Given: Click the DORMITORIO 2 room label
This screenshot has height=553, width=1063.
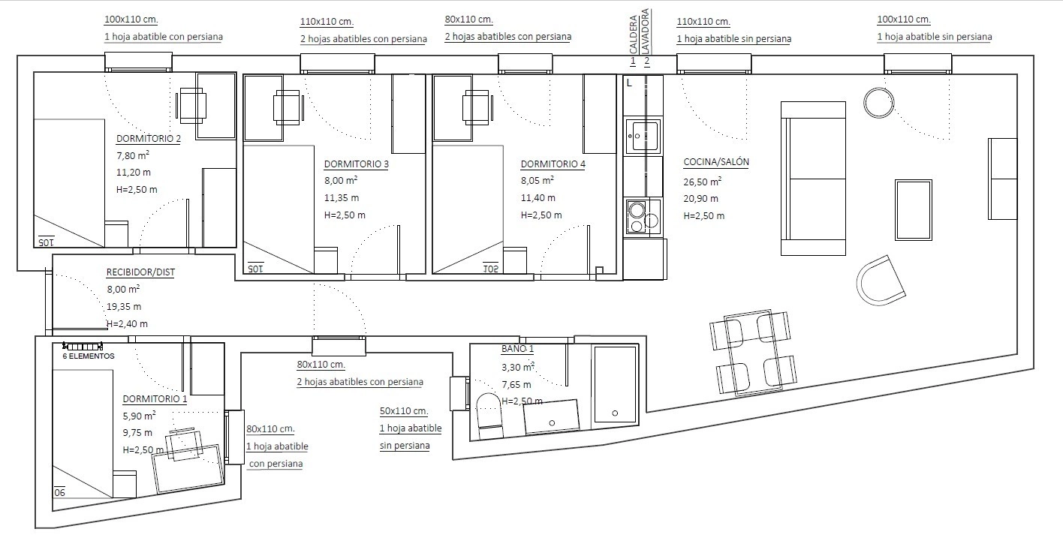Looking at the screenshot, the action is coord(149,139).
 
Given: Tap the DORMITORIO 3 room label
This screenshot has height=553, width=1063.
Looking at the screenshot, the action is coord(357,164).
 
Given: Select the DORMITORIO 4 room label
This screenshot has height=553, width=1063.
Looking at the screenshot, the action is coord(553,164).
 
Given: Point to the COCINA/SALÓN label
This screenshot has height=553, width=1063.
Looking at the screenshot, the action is coord(716,162).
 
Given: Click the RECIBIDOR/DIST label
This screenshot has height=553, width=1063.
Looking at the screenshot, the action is coord(140,272).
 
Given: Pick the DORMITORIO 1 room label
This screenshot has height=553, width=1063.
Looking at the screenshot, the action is coord(155,399).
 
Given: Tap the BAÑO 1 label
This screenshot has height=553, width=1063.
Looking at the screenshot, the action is coord(517,349).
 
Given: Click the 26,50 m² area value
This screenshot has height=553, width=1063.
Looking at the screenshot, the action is coord(703,182).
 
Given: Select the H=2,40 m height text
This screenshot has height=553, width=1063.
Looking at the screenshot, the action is coord(127,324).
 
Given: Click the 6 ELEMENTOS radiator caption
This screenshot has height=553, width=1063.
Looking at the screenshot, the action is coord(89,356).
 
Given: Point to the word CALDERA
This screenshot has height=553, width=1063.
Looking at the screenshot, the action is coord(633,35).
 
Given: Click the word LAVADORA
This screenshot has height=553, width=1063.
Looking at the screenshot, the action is coord(645,31).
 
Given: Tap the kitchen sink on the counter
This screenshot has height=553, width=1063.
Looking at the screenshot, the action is coord(643,136).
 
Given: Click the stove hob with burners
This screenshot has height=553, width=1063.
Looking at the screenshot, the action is coord(643,217).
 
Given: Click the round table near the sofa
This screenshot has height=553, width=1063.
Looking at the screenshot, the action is coord(879,103).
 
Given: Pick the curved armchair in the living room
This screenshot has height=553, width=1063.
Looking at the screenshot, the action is coord(881,281).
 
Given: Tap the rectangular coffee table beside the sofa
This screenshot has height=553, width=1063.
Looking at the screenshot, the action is coord(914,209).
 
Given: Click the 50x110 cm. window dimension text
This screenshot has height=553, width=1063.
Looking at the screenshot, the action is coord(404,411).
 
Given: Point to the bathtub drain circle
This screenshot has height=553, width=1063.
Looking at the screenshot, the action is coord(615,413).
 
